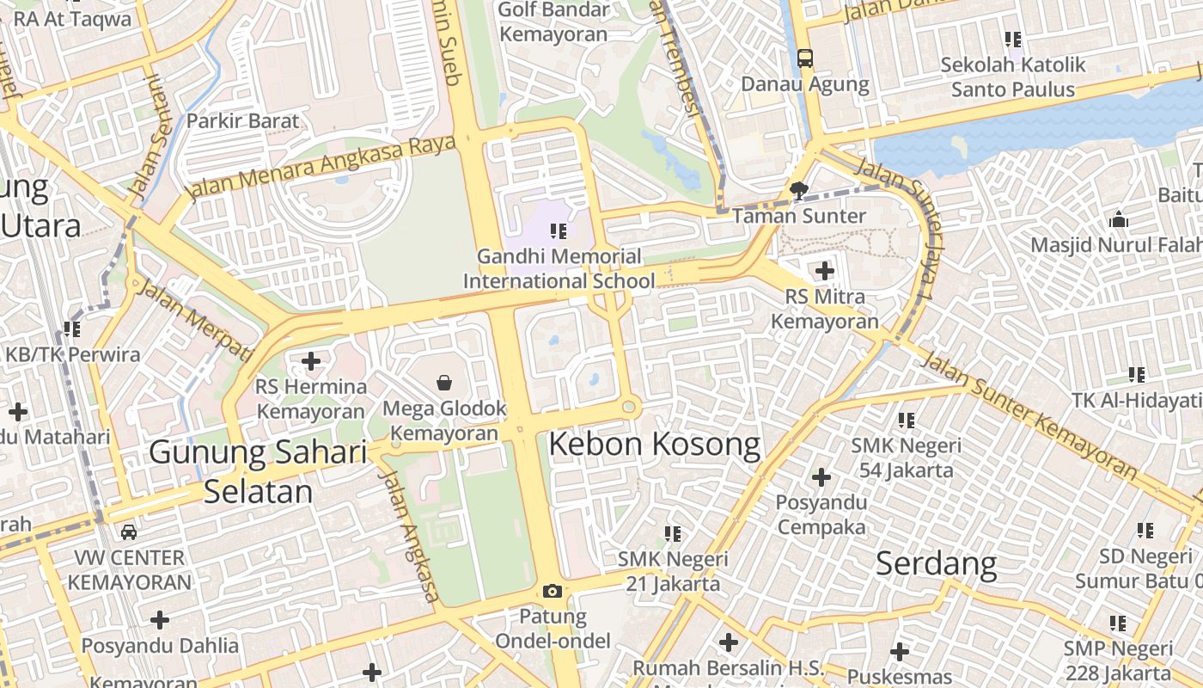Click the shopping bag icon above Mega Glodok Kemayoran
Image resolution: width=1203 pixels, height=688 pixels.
pyautogui.click(x=444, y=382)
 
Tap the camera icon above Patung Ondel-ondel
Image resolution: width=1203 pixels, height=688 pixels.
pyautogui.click(x=552, y=591)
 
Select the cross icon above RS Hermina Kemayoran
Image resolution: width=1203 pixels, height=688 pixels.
pyautogui.click(x=311, y=361)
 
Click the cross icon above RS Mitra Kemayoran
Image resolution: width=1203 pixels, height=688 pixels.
pyautogui.click(x=824, y=272)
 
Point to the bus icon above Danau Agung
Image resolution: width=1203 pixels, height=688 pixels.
pyautogui.click(x=804, y=58)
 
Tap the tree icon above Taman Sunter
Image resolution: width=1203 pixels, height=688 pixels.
pyautogui.click(x=799, y=190)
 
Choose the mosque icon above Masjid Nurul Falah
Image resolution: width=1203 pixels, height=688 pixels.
pyautogui.click(x=1118, y=219)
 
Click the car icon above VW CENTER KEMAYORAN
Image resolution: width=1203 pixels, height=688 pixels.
pyautogui.click(x=128, y=532)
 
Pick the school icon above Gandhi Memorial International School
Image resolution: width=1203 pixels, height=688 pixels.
pyautogui.click(x=559, y=230)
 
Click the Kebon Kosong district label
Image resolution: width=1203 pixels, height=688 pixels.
pyautogui.click(x=654, y=445)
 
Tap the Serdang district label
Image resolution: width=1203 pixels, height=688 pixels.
pyautogui.click(x=936, y=564)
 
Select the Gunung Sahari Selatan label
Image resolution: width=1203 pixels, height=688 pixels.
pyautogui.click(x=258, y=471)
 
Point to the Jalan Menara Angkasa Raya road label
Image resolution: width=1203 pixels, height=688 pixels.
pyautogui.click(x=323, y=167)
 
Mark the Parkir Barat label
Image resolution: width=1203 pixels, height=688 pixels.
pyautogui.click(x=243, y=120)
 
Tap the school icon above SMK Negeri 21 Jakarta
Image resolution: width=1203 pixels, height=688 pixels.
pyautogui.click(x=673, y=534)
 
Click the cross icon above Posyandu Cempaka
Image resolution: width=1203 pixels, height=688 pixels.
pyautogui.click(x=821, y=476)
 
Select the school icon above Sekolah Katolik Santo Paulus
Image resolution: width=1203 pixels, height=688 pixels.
pyautogui.click(x=1013, y=40)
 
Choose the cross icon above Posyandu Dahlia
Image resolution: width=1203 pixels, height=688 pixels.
pyautogui.click(x=159, y=620)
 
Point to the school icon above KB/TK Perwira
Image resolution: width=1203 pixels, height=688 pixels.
pyautogui.click(x=72, y=329)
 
